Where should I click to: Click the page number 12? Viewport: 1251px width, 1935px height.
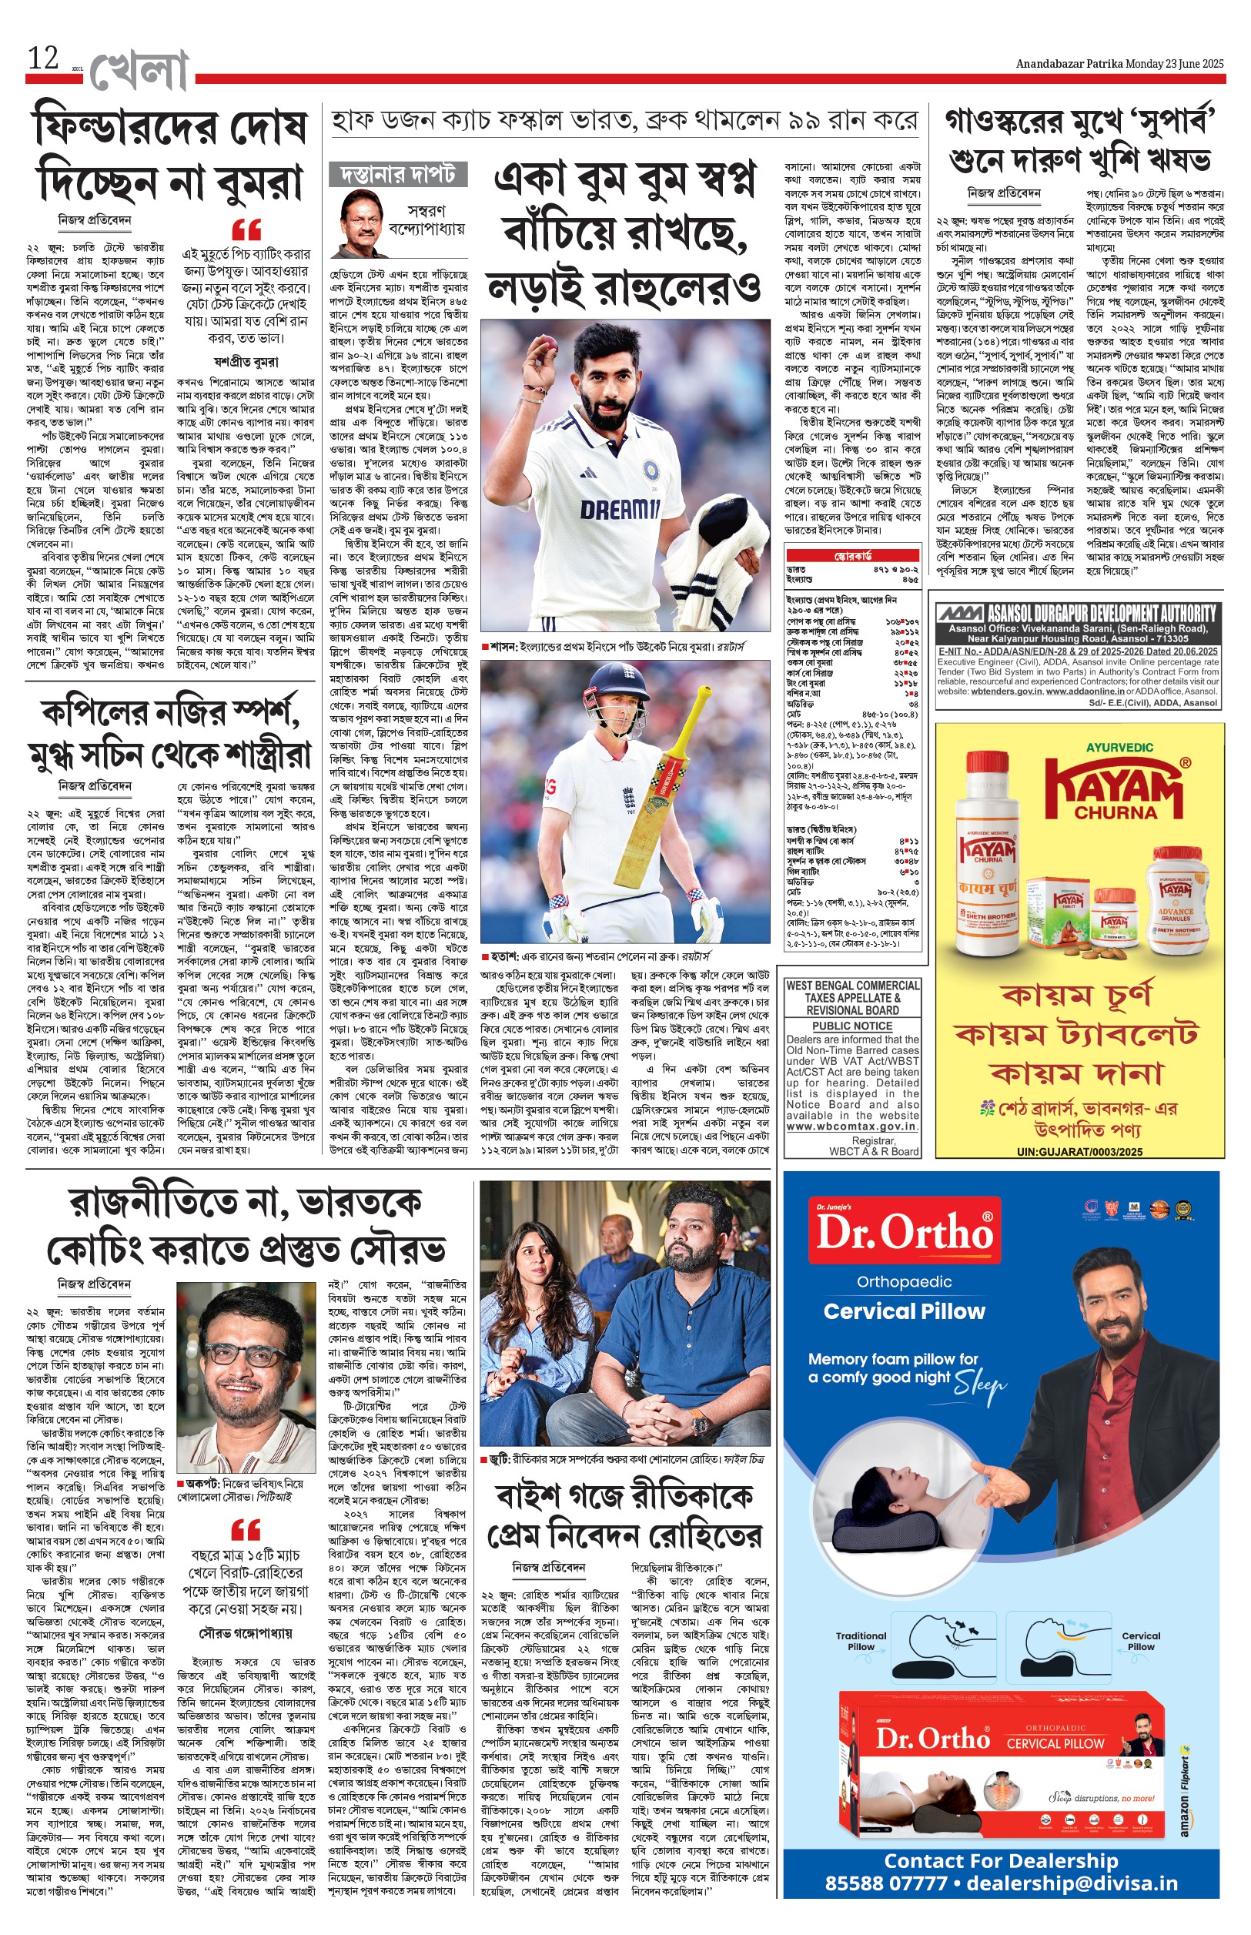coord(43,59)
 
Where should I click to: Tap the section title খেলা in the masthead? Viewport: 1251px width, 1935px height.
coord(139,72)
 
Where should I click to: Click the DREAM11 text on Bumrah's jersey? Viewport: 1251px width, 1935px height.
coord(620,509)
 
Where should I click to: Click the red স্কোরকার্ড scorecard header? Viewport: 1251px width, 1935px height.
coord(852,557)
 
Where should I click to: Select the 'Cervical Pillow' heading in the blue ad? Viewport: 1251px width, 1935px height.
coord(904,1311)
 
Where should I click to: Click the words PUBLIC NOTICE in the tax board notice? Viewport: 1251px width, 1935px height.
coord(852,1026)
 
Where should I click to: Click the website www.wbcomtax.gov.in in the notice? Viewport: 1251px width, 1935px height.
coord(852,1127)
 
